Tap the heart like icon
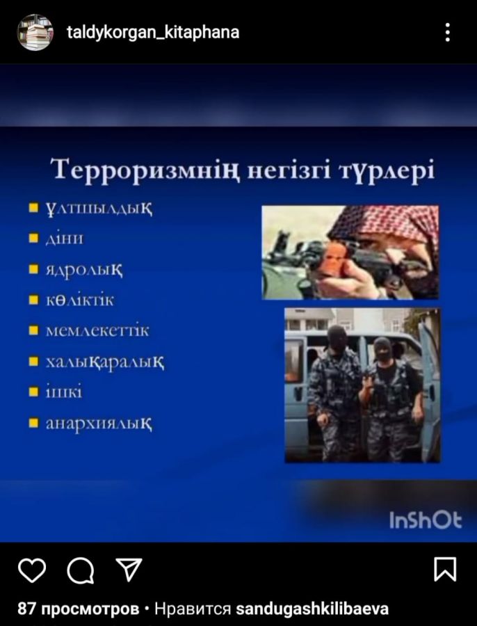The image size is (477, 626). tap(32, 570)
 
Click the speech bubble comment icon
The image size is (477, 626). tap(80, 570)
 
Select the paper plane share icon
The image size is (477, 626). tap(129, 569)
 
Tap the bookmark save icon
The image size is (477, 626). tap(445, 569)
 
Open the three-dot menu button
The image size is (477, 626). tap(448, 32)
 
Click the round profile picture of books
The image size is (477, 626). tap(35, 32)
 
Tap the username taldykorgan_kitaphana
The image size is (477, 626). tap(153, 32)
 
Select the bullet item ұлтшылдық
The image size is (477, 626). tap(99, 209)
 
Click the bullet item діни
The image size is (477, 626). tap(64, 239)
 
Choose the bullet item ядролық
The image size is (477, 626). tap(84, 270)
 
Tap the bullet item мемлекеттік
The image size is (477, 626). tap(97, 330)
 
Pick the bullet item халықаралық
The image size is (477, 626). tap(105, 362)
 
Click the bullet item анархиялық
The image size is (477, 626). tap(99, 424)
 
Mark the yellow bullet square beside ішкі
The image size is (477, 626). tap(34, 392)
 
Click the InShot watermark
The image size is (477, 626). tap(426, 520)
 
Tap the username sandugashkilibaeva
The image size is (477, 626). tap(312, 609)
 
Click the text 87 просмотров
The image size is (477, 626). tap(79, 609)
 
